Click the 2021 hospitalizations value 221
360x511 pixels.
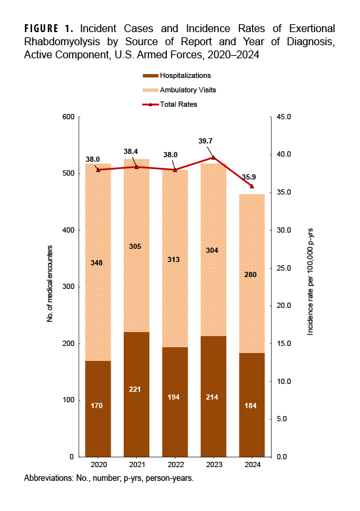point(136,406)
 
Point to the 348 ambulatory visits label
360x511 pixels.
point(98,263)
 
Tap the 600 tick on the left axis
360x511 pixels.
point(67,117)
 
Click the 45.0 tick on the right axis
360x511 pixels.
point(283,117)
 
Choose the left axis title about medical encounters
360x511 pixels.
point(50,287)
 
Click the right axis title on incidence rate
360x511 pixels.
point(310,287)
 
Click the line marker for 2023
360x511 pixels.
point(213,157)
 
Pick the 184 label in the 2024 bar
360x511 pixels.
point(251,406)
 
